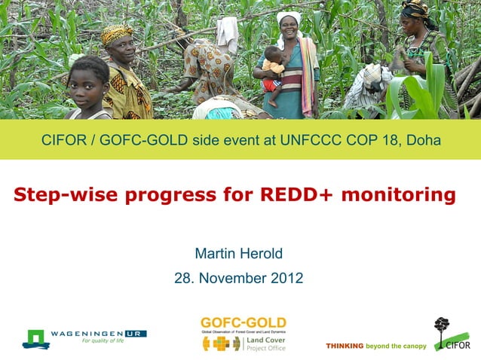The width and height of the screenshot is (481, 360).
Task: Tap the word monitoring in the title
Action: point(398,196)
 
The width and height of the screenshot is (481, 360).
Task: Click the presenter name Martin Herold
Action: point(238,252)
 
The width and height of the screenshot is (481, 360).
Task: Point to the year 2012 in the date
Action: point(287,278)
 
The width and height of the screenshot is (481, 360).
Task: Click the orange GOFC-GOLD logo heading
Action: point(243,323)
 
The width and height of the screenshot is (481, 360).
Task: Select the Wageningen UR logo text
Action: point(98,333)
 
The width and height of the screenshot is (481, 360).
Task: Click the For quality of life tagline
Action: point(102,341)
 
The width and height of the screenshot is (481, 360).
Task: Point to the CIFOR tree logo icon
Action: point(442,328)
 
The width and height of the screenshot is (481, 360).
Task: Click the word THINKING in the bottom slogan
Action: point(344,346)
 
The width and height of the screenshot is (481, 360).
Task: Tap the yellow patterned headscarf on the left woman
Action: point(116,32)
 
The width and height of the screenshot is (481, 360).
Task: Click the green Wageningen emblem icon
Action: point(35,338)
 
